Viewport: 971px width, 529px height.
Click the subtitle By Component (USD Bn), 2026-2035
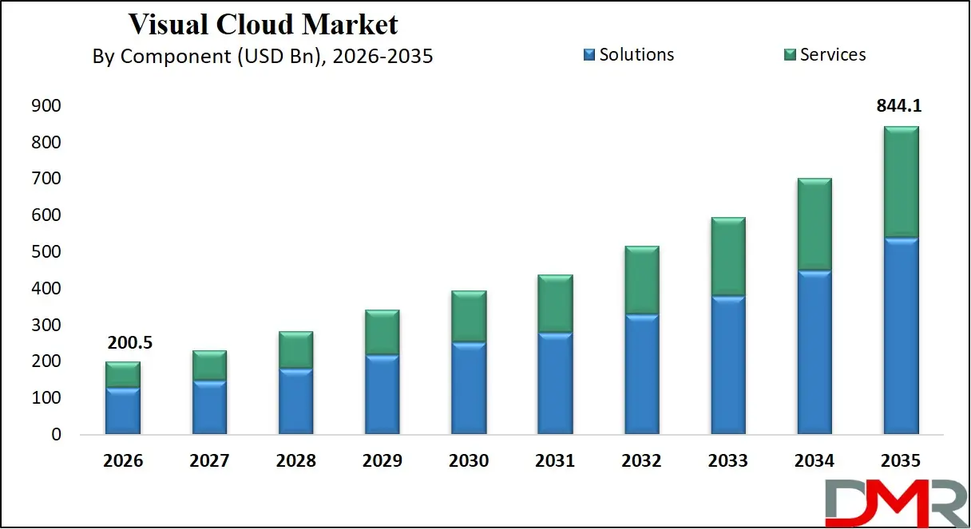click(263, 57)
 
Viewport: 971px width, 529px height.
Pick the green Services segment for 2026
click(123, 375)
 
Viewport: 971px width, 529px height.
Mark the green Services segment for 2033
click(728, 257)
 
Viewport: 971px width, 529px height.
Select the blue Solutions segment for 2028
click(296, 401)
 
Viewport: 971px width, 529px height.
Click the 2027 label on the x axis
click(209, 461)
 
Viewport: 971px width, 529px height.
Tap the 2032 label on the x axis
click(642, 461)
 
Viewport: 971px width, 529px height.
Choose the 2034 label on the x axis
click(814, 461)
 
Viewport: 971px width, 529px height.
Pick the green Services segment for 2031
click(555, 304)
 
